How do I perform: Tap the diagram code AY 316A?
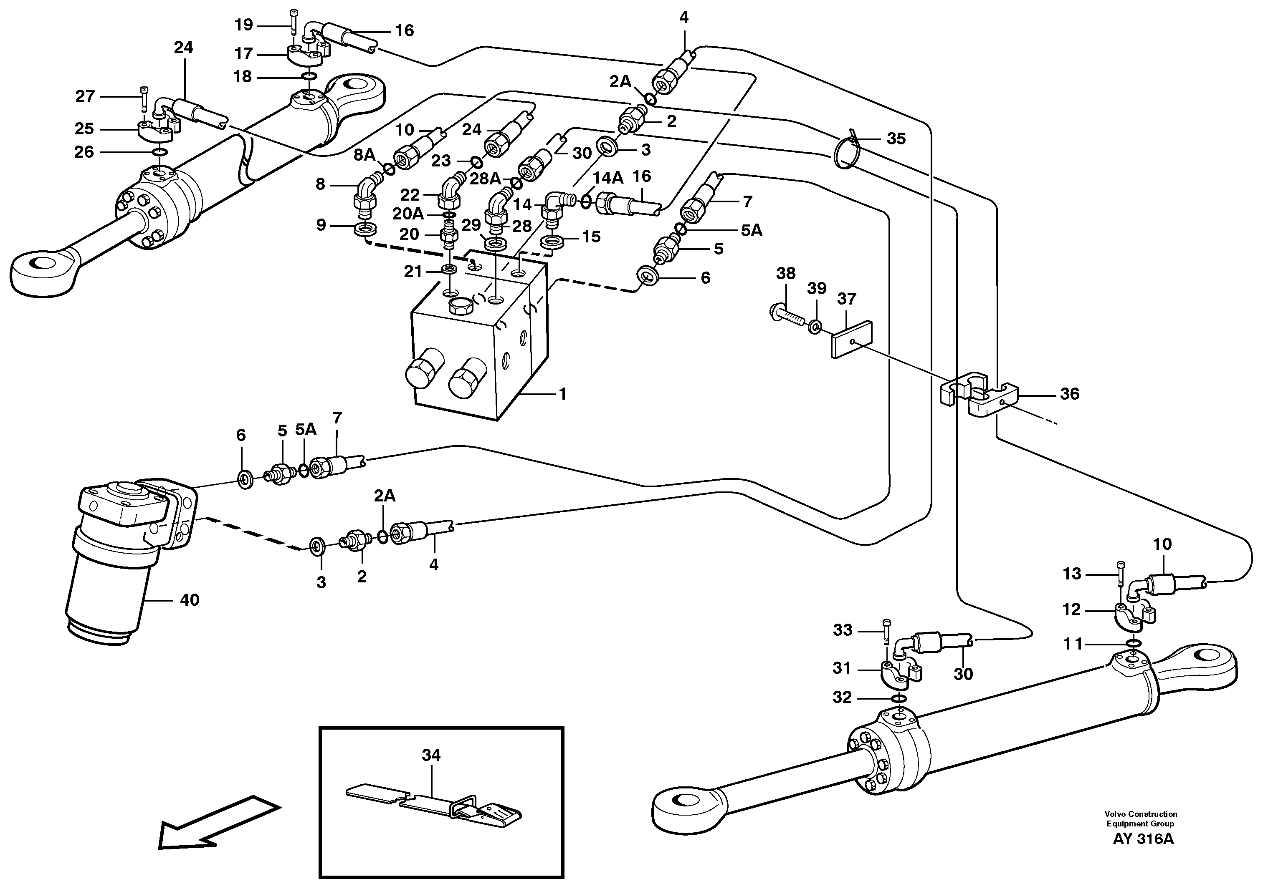coord(1143,839)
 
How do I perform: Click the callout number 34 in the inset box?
coord(431,755)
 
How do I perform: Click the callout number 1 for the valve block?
coord(562,394)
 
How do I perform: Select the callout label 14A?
coord(607,177)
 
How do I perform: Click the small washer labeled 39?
coord(815,328)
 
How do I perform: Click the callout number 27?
coord(85,96)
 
